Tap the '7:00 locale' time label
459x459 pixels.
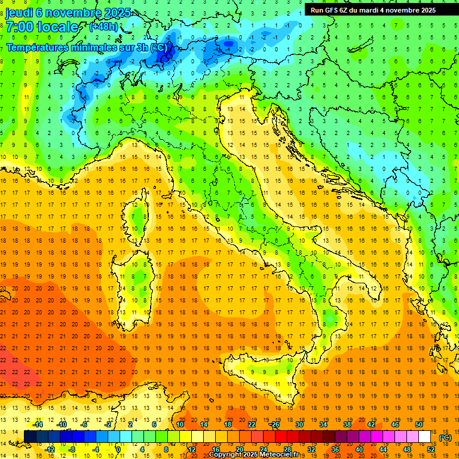[x=42, y=27]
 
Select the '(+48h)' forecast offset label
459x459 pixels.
[x=104, y=27]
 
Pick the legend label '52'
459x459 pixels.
[x=430, y=449]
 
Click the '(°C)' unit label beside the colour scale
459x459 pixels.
[x=445, y=437]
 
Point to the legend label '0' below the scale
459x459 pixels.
[x=118, y=449]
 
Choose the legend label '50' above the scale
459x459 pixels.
[x=418, y=424]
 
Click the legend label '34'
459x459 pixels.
[x=323, y=424]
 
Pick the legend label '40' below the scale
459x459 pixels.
[x=359, y=449]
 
